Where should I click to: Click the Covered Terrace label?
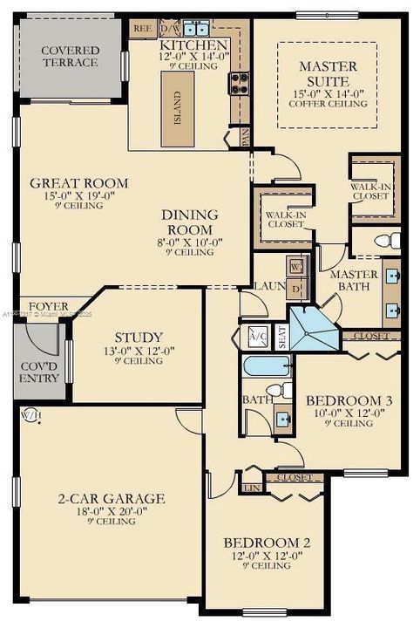[x=70, y=58]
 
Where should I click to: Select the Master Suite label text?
[x=329, y=73]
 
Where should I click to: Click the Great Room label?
[x=78, y=183]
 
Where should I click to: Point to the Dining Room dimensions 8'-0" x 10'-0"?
[x=189, y=242]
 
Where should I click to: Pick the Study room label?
[x=139, y=338]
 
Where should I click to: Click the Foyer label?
[x=47, y=307]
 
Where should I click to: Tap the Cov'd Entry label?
[x=39, y=372]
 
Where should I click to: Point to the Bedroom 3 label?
[x=349, y=400]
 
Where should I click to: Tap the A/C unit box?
[x=258, y=334]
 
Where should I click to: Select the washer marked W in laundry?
[x=295, y=266]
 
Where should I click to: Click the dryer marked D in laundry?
[x=295, y=289]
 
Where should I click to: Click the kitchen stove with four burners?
[x=239, y=83]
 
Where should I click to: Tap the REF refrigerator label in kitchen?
[x=142, y=28]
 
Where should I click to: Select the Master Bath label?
[x=354, y=280]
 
